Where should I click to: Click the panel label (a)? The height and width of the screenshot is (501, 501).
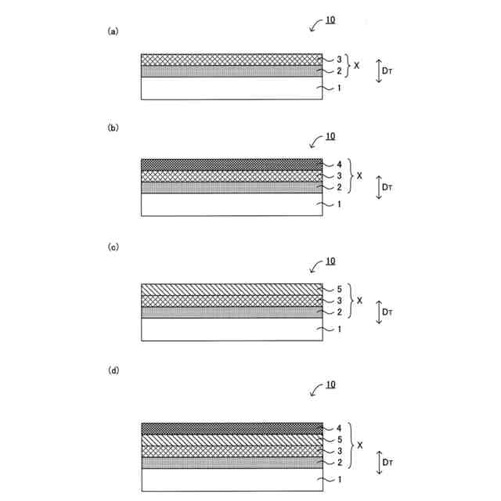tap(112, 31)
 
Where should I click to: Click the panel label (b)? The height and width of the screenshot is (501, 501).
tap(112, 127)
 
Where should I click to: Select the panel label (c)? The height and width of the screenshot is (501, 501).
tap(112, 247)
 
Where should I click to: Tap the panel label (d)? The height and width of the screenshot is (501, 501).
tap(112, 369)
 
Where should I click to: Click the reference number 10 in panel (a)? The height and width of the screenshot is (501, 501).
tap(330, 18)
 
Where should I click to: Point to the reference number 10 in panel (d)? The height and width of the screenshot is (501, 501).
tap(330, 385)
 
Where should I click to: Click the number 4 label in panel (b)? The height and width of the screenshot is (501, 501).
tap(339, 164)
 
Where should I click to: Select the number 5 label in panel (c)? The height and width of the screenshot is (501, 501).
tap(339, 289)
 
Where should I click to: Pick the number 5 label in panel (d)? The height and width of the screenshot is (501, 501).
tap(339, 439)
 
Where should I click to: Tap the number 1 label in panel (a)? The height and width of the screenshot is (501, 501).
tap(339, 88)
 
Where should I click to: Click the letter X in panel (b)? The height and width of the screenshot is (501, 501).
tap(359, 176)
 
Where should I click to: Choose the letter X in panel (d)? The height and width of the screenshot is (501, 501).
tap(360, 445)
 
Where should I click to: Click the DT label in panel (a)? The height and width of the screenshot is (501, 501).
tap(389, 70)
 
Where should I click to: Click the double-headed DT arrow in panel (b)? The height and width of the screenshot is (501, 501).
tap(379, 188)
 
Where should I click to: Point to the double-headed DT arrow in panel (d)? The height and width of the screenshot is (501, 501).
tap(379, 462)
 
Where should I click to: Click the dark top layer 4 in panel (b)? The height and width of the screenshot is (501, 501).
tap(232, 164)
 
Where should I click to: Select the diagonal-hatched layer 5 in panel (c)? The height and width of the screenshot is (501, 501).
tap(232, 289)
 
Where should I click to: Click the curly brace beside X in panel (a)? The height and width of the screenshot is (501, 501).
tap(346, 65)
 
